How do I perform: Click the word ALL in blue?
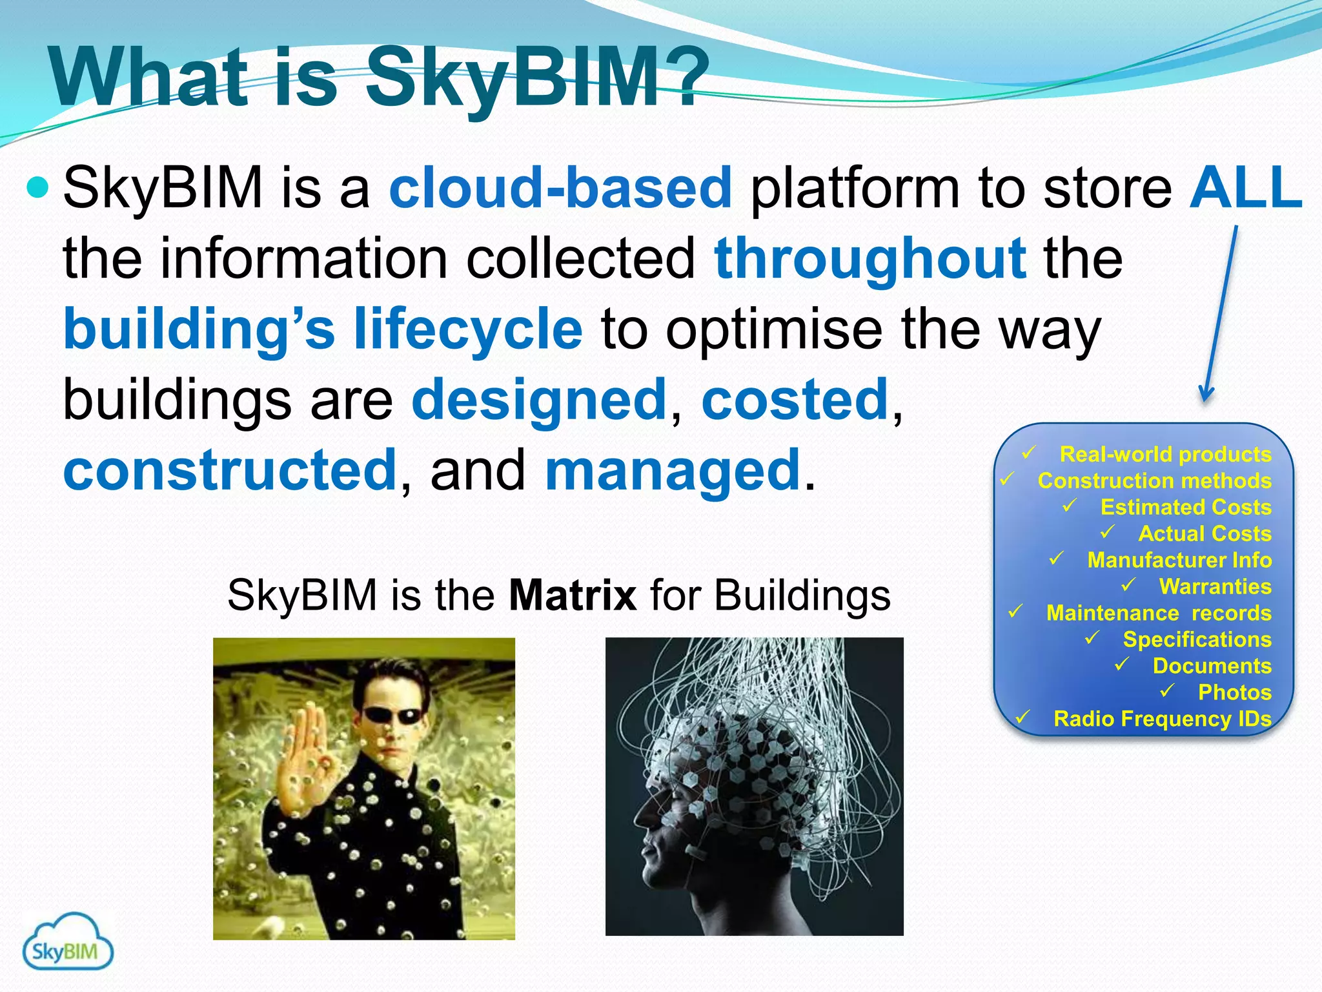coord(1246,188)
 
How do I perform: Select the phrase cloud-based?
coord(560,188)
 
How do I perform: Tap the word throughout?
coord(870,258)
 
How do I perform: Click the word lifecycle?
coord(468,329)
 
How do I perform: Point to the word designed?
coord(539,400)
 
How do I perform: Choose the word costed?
coord(795,400)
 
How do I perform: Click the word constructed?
coord(230,470)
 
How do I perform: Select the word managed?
coord(673,470)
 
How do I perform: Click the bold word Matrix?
coord(573,595)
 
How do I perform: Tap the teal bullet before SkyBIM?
coord(38,188)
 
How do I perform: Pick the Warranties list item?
coord(1215,586)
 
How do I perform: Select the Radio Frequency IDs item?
coord(1162,719)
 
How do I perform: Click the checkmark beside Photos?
coord(1166,691)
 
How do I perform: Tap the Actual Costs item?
coord(1205,533)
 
